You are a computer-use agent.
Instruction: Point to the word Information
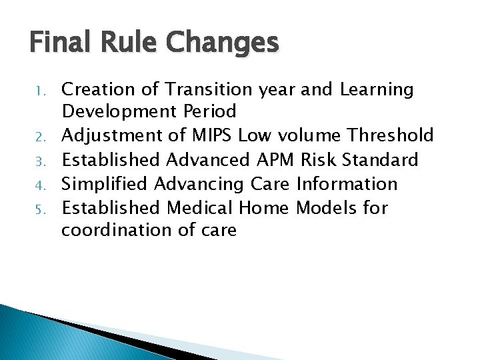(347, 183)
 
